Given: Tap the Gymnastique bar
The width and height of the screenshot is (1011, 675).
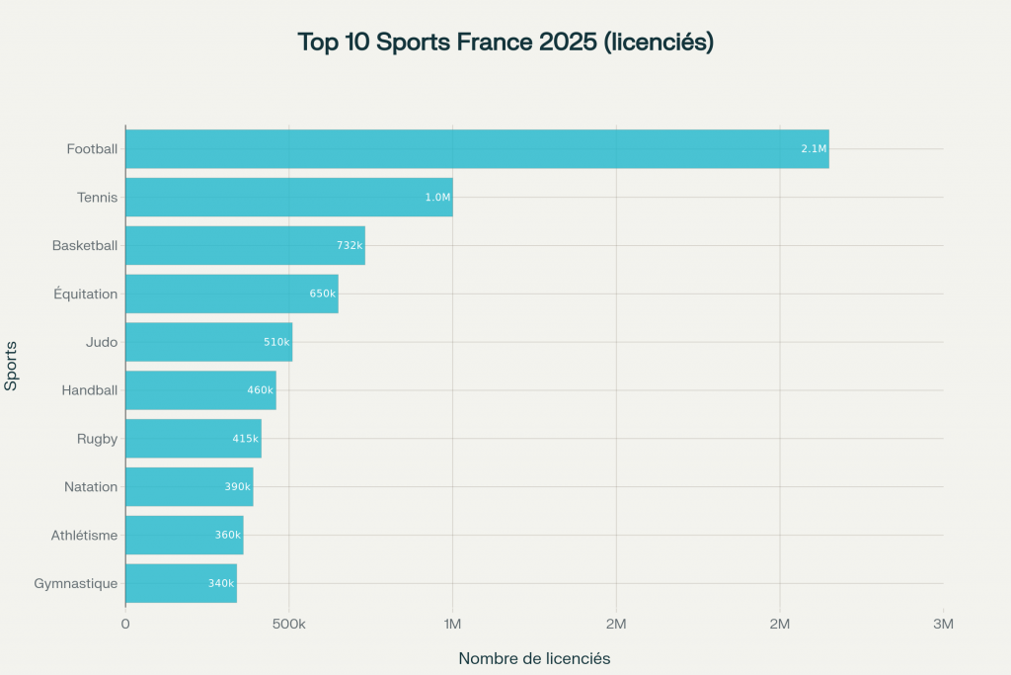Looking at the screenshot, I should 181,583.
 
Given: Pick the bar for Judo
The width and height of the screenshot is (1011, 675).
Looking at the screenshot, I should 208,342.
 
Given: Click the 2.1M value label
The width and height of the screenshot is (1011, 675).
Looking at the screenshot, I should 814,149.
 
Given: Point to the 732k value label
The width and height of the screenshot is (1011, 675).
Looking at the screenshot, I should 350,245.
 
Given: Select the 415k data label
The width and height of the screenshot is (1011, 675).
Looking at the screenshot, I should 246,439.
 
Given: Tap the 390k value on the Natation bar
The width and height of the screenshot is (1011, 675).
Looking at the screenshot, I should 237,487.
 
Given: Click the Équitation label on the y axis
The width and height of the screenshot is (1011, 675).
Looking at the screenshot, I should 85,294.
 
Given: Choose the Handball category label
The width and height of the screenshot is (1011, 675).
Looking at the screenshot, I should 90,390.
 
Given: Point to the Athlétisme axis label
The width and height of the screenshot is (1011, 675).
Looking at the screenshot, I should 85,536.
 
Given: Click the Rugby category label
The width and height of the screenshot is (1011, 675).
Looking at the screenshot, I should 97,439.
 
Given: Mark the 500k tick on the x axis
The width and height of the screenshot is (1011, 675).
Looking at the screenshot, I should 289,624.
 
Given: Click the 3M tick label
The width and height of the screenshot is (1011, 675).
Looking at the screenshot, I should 943,624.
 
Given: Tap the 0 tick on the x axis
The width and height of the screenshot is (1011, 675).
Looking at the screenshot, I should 125,624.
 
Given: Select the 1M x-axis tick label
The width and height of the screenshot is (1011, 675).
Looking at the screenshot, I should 452,624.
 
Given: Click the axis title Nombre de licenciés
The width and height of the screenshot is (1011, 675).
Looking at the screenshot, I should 534,658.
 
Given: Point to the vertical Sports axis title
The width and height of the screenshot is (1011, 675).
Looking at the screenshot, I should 12,366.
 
